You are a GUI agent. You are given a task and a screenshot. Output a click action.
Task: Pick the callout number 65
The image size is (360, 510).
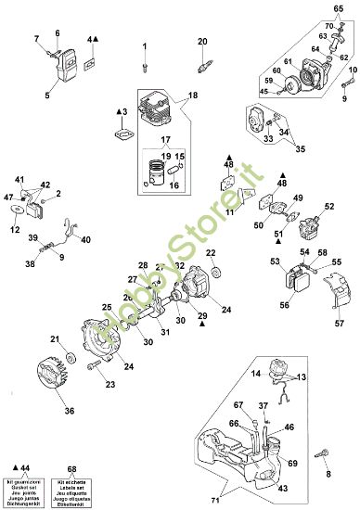coord(339,7)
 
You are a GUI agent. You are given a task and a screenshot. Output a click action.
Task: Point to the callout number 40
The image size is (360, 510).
coord(86,240)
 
